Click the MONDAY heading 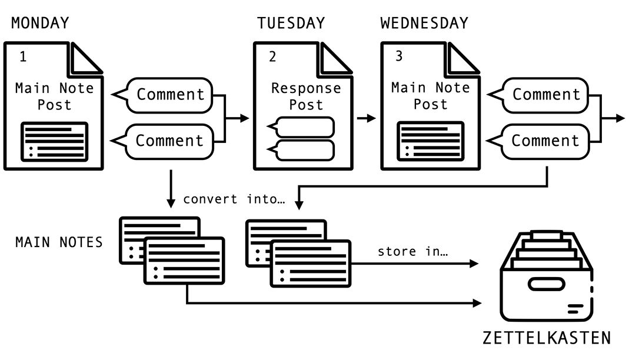(40, 23)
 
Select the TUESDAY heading (291, 23)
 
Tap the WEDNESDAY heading (424, 23)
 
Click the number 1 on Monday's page (23, 57)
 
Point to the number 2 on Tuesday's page (272, 57)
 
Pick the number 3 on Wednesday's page (400, 57)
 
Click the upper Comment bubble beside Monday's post (170, 94)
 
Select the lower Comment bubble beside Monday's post (169, 141)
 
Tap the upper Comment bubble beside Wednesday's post (545, 94)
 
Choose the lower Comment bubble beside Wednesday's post (545, 141)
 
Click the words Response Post (306, 96)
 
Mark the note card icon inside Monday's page (54, 141)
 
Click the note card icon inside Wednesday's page (430, 141)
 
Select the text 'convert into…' (234, 199)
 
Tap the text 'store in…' (412, 252)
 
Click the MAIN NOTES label (59, 242)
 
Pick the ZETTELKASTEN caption (547, 338)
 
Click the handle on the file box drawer (546, 285)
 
